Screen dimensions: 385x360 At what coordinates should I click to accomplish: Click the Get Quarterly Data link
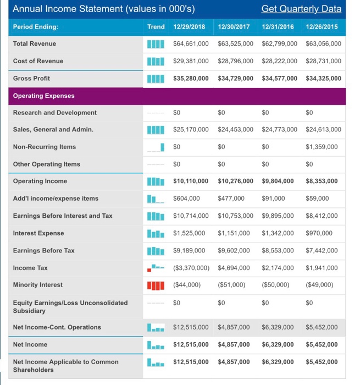(301, 9)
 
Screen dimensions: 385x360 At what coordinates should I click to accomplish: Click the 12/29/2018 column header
(190, 26)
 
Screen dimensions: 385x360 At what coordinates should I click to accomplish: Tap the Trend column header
(156, 26)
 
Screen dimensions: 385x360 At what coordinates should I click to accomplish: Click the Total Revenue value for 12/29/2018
(191, 43)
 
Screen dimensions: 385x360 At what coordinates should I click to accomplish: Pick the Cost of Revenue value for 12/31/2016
(280, 61)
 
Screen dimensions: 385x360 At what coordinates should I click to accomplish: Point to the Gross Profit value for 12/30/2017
(236, 78)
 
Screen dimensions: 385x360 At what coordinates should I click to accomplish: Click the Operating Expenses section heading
(43, 96)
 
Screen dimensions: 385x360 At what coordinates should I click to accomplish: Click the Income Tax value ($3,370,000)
(191, 268)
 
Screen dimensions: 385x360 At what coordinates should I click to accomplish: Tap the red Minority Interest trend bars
(156, 285)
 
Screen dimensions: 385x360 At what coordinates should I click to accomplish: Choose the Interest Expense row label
(38, 233)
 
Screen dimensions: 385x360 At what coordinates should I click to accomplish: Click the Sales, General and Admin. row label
(53, 130)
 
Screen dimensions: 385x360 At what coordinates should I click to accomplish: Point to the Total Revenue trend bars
(156, 43)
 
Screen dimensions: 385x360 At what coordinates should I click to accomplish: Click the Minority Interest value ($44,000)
(187, 285)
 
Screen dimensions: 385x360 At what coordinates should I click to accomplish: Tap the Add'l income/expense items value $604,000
(186, 199)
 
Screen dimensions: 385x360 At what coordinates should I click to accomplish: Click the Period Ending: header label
(36, 26)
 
